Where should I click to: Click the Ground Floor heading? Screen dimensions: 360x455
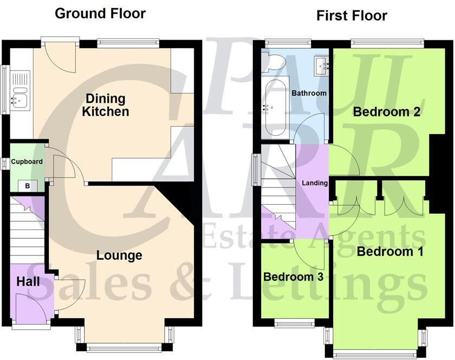point(100,14)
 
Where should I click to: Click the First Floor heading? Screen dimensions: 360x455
point(352,16)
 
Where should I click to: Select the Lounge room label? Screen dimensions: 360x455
point(119,256)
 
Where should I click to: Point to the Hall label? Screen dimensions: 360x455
point(27,282)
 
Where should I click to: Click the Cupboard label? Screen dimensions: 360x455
point(27,161)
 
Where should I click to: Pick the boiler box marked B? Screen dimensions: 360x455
point(28,186)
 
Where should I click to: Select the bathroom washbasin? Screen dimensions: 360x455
point(323,66)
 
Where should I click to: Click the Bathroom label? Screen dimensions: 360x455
point(309,93)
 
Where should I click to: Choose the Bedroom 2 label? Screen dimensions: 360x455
point(379,112)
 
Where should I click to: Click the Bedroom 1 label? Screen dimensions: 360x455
point(382,252)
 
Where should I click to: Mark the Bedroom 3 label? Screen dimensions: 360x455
point(293,277)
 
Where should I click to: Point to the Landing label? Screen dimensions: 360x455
point(315,183)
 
